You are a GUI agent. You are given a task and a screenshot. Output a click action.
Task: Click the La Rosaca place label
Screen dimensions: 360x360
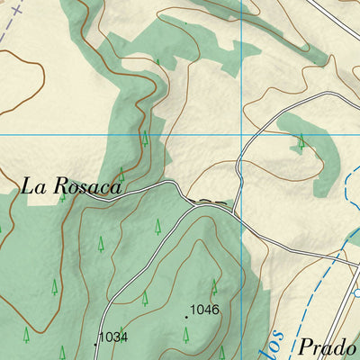coord(70,187)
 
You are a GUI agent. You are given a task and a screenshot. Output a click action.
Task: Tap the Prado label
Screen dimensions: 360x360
coord(328,347)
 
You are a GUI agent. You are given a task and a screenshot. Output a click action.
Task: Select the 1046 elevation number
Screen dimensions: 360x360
coord(205,310)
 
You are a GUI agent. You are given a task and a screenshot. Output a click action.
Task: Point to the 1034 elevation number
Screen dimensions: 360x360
coord(112,337)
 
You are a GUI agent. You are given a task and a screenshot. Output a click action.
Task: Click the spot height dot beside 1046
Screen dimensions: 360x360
coord(186,316)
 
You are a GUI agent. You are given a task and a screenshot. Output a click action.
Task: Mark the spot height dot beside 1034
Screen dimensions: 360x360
coord(94,344)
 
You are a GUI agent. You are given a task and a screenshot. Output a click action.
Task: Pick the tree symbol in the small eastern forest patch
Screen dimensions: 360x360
coord(301,140)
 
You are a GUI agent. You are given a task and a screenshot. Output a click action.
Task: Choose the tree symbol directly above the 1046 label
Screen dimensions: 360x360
coord(214,287)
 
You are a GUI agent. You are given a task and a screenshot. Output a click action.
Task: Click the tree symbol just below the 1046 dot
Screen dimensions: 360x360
coord(186,335)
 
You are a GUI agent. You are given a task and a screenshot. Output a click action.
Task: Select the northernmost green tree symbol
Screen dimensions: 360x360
coord(157,64)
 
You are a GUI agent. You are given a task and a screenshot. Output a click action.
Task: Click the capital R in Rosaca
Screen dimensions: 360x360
coord(59,186)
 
